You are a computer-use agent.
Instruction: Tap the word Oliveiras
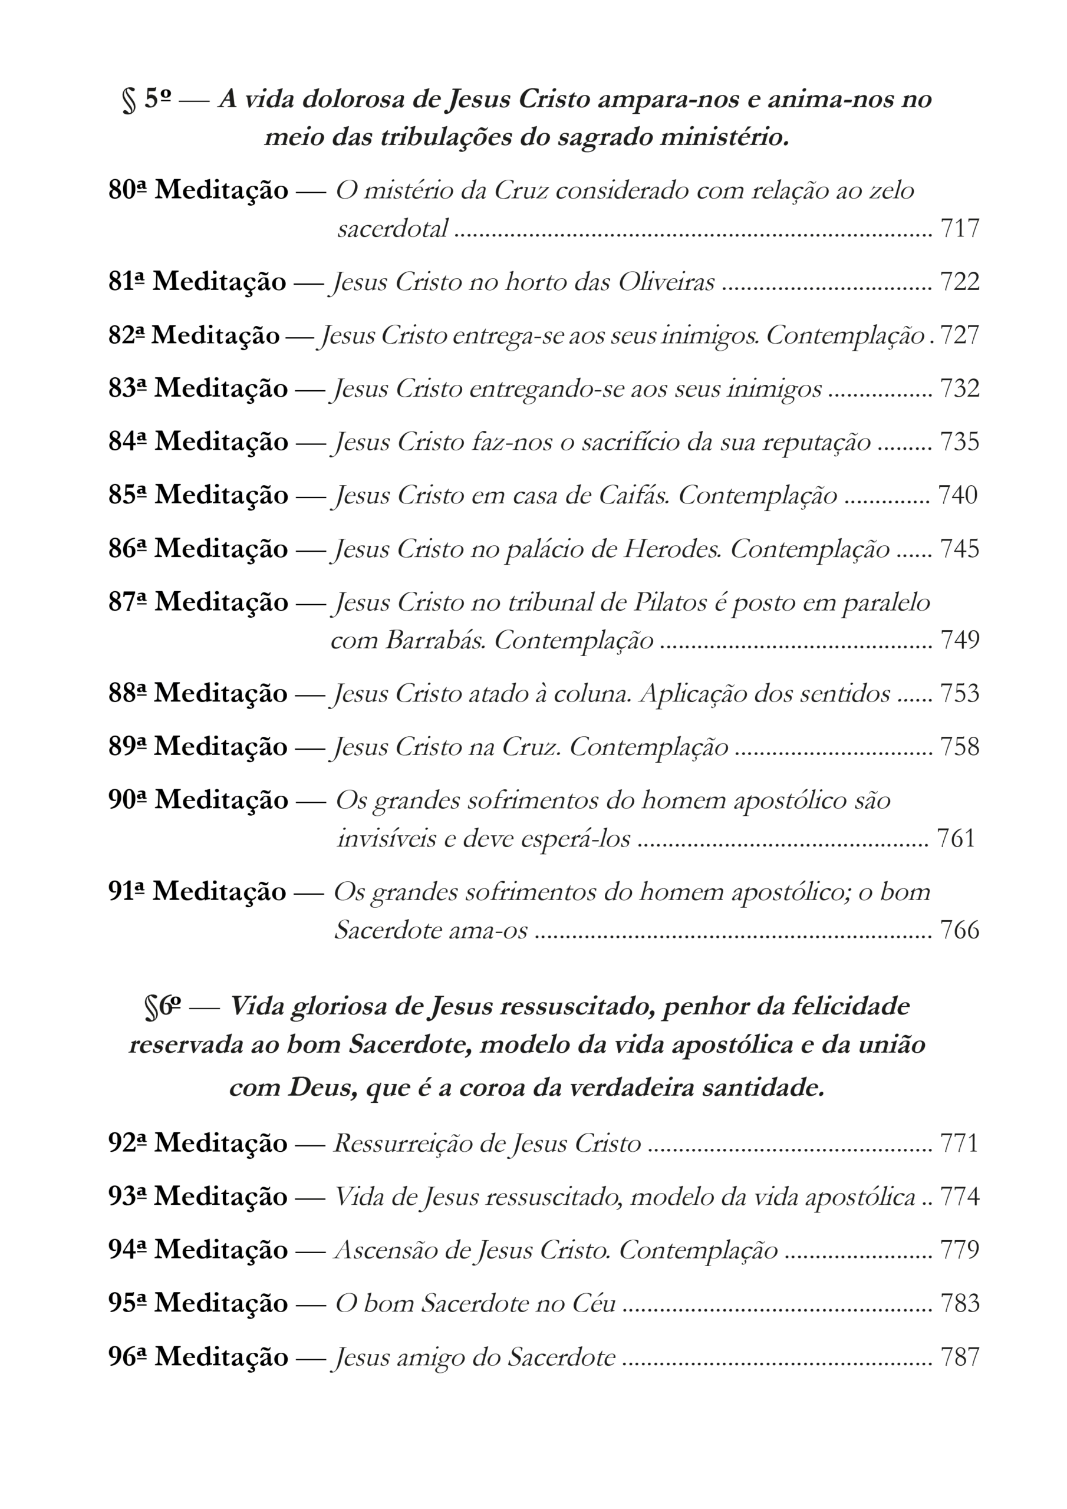tap(666, 282)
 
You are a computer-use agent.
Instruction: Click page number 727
tap(960, 335)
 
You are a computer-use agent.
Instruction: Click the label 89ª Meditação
tap(197, 747)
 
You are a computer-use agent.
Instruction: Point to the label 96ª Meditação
tap(197, 1356)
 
